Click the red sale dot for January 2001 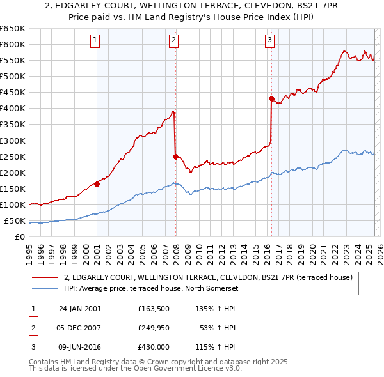97,184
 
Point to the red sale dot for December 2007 175,156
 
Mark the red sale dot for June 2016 271,98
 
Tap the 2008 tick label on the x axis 177,250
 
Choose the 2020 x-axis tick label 312,250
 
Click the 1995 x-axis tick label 29,250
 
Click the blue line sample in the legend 45,288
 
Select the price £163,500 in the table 152,308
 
